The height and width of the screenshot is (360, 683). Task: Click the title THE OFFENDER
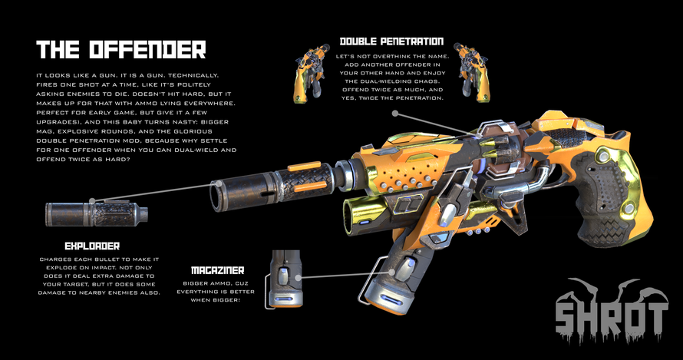tap(120, 50)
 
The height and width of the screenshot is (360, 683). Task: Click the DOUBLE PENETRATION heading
tap(391, 41)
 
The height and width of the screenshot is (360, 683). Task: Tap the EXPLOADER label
tap(92, 246)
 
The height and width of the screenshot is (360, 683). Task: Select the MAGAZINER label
tap(217, 270)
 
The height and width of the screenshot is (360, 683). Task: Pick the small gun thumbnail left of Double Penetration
tap(311, 72)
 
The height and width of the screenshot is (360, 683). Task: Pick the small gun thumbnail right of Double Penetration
tap(472, 72)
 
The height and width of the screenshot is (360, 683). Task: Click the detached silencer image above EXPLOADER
tap(96, 213)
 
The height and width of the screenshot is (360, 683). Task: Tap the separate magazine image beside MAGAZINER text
tap(286, 279)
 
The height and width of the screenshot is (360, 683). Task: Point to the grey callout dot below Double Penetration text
tap(395, 114)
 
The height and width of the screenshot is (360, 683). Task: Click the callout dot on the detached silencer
tap(92, 201)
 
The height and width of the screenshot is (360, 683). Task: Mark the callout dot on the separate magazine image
tap(298, 277)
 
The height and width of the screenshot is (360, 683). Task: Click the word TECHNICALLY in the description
tap(193, 75)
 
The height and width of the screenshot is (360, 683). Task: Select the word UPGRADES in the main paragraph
tap(56, 122)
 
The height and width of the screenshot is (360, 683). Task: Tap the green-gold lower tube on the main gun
tap(364, 213)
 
